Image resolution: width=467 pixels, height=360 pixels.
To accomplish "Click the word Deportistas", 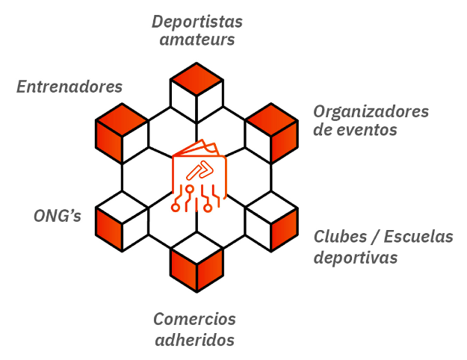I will [x=197, y=21].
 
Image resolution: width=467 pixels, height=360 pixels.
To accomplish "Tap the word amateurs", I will [x=197, y=40].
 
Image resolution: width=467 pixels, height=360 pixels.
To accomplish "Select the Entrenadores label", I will [x=69, y=87].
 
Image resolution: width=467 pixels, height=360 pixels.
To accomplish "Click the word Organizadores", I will [x=371, y=111].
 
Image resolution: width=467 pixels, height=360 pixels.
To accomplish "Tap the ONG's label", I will [x=58, y=217].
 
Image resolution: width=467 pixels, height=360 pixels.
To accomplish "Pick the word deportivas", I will [x=355, y=258].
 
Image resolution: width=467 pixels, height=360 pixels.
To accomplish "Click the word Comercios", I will [x=195, y=320].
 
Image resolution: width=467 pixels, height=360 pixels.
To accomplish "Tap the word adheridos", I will [x=195, y=341].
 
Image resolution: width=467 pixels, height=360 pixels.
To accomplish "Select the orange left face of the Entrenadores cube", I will [x=109, y=139].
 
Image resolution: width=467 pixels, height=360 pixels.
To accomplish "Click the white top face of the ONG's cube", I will [x=122, y=206].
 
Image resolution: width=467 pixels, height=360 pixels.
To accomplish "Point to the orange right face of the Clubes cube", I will [x=285, y=232].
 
